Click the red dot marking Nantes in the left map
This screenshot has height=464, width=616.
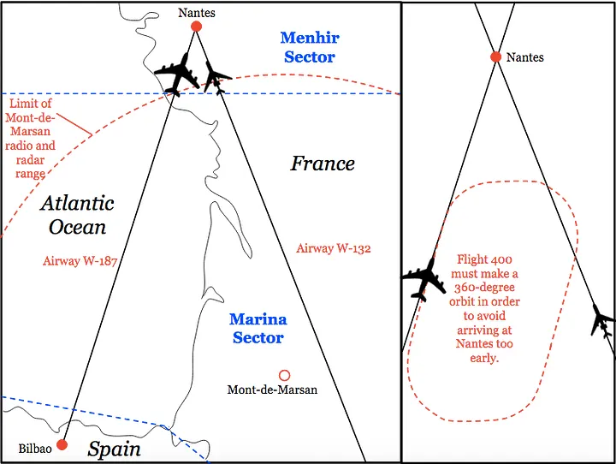coord(196,27)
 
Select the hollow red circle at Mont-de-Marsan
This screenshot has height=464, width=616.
coord(284,375)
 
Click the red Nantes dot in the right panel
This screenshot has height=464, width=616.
coord(495,57)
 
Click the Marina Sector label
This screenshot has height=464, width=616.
coord(258,329)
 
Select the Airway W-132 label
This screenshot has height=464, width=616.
coord(334,248)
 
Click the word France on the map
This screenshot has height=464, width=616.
coord(323,164)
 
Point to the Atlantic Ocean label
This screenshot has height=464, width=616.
coord(77,215)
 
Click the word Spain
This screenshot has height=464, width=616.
coord(115,448)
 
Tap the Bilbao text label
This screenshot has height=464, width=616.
coord(35,449)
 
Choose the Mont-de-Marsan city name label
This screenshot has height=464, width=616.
coord(272,390)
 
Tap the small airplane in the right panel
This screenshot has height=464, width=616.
coord(602,322)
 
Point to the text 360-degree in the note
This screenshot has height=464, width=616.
coord(494,288)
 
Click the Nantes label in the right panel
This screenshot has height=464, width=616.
coord(524,57)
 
